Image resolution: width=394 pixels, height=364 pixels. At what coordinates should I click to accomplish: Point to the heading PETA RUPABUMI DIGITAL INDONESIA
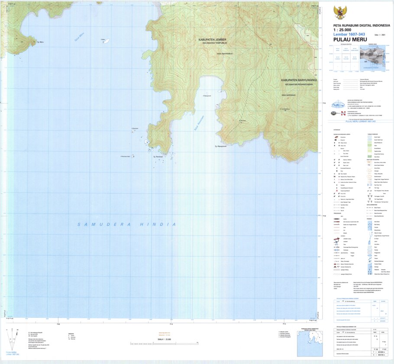coord(362,25)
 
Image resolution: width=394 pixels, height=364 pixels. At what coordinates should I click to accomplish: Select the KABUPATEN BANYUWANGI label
coord(299,80)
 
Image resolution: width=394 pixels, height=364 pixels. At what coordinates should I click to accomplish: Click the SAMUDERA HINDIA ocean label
coord(127,224)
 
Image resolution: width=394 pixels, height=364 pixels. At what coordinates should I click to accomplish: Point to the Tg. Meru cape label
coord(42,42)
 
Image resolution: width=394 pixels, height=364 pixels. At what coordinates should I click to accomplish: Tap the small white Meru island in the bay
coord(105,42)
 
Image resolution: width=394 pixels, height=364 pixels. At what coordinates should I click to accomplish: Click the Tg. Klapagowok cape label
coord(221,147)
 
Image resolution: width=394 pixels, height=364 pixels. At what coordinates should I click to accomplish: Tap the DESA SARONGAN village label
coord(288,95)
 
